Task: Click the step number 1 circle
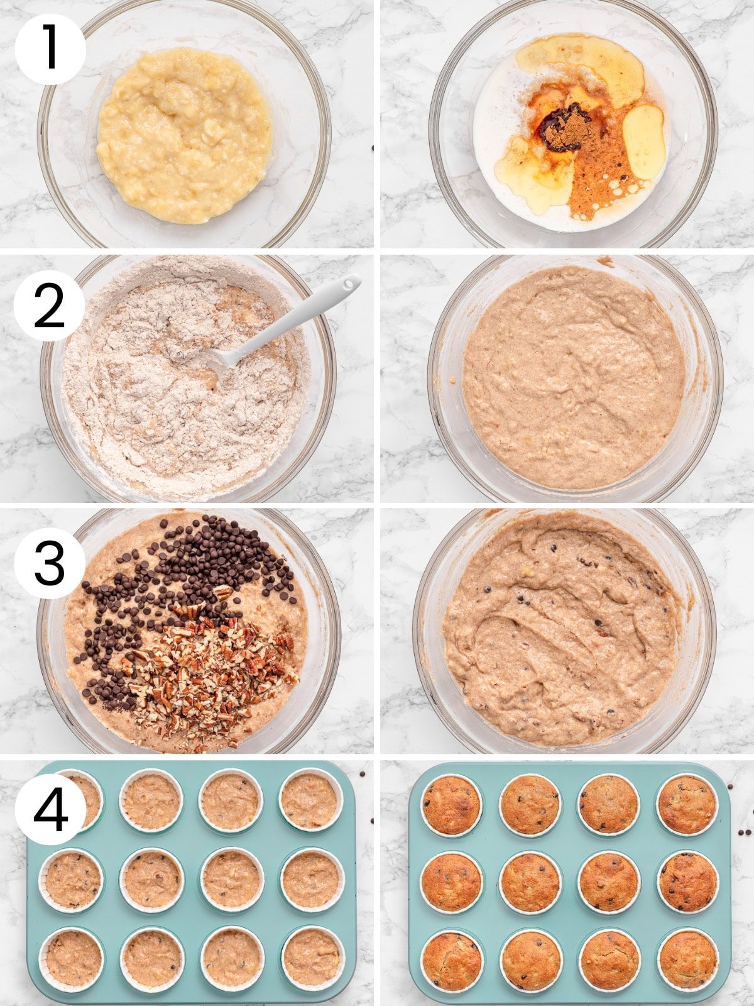point(50,50)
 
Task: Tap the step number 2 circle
point(50,306)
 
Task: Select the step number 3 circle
point(50,563)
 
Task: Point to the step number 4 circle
point(50,810)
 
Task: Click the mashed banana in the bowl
point(183,135)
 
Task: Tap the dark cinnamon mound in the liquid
point(564,128)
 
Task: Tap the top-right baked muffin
point(687,804)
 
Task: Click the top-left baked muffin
point(451,804)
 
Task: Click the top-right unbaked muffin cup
point(310,800)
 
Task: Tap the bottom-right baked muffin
point(688,960)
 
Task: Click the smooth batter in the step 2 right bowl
point(573,377)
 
